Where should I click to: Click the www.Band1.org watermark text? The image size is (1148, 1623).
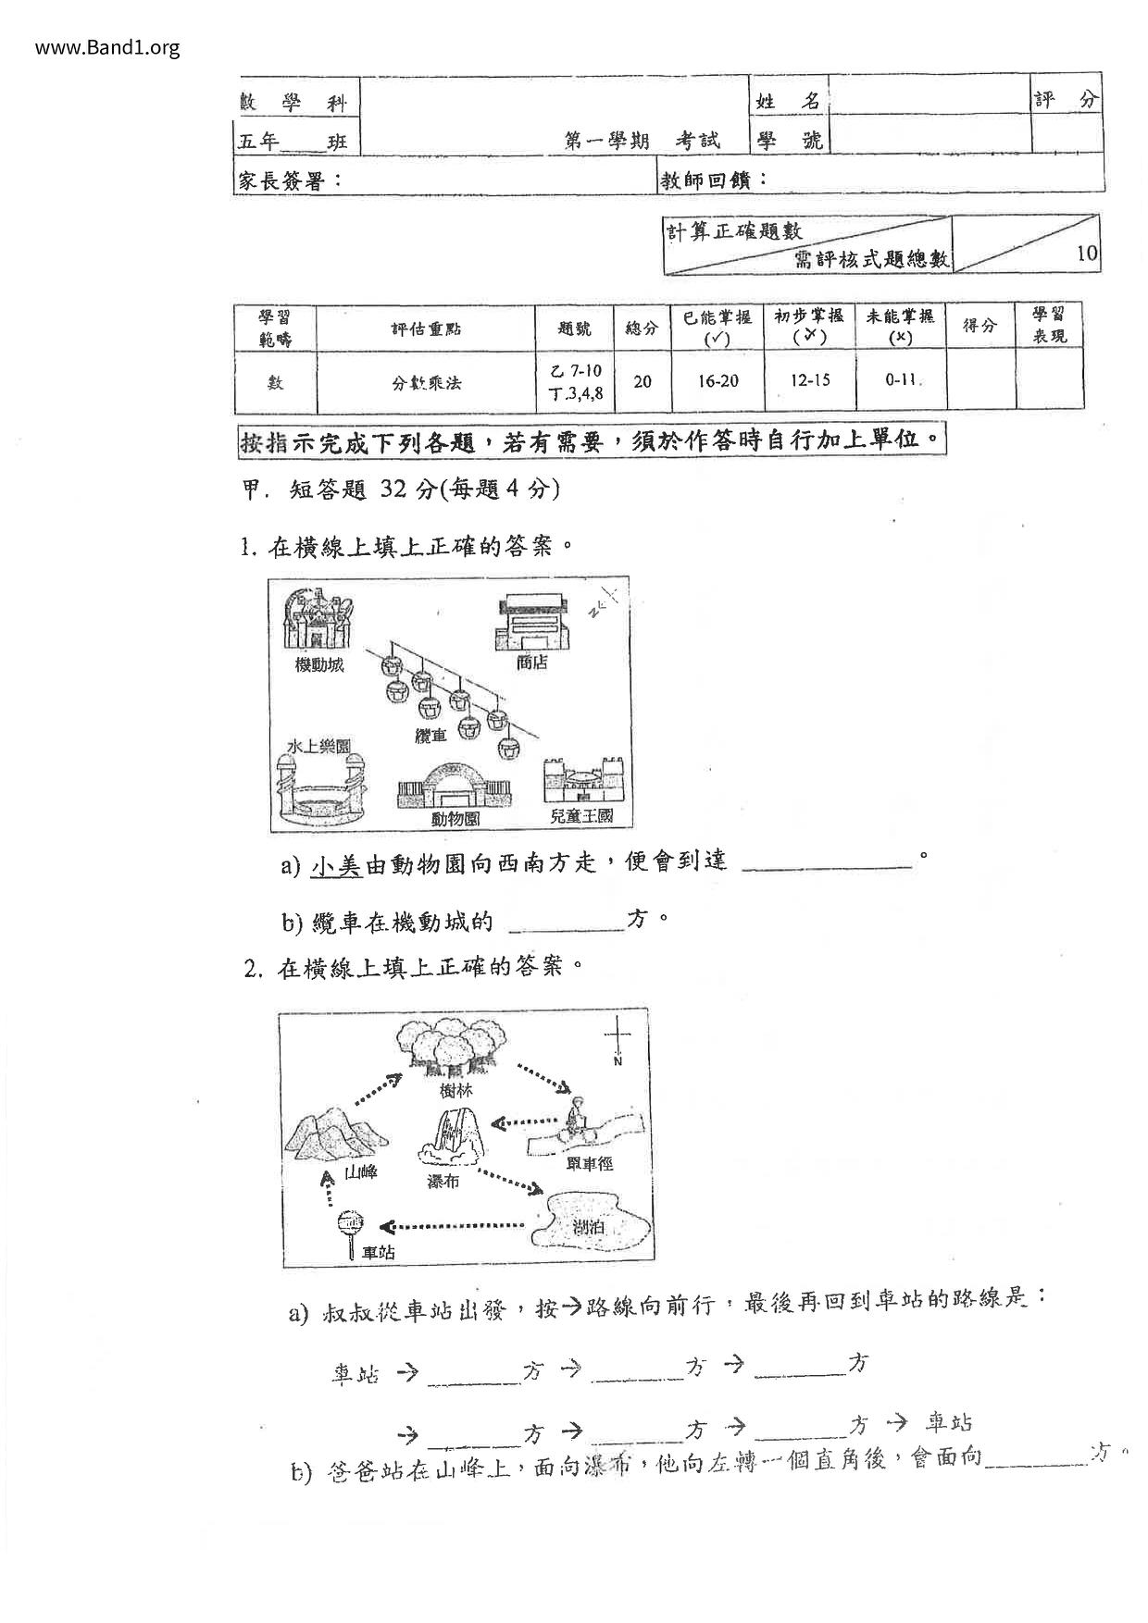pos(107,47)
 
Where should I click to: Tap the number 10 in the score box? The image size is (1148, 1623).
pos(1088,254)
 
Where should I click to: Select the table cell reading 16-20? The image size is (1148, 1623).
pos(717,380)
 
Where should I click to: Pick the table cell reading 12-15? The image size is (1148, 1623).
pos(809,380)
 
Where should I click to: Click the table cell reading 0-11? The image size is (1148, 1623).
pos(900,380)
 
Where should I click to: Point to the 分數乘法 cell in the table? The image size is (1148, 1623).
pos(426,381)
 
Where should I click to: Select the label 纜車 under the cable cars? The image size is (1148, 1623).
pos(430,735)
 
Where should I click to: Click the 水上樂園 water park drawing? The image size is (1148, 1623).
pos(318,789)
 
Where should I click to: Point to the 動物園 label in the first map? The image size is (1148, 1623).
pos(455,818)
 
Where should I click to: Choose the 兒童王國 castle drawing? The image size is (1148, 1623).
pos(583,782)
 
